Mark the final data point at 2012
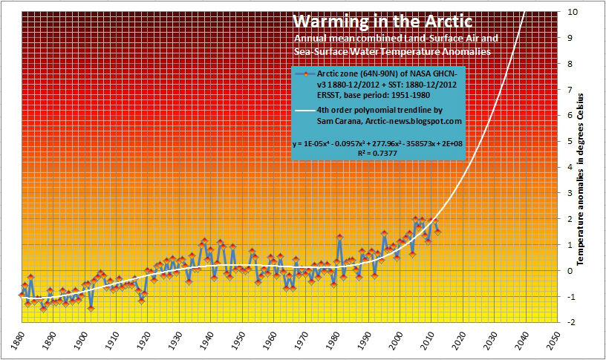(438, 232)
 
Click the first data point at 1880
(21, 295)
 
